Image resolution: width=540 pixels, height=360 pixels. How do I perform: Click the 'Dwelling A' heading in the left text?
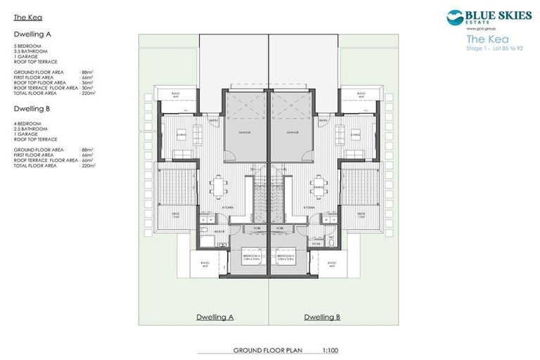pyautogui.click(x=32, y=34)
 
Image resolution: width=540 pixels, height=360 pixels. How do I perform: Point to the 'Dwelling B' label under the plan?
pyautogui.click(x=322, y=317)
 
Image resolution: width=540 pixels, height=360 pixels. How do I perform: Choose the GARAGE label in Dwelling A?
pyautogui.click(x=245, y=131)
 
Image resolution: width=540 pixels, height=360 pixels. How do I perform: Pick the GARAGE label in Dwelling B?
pyautogui.click(x=291, y=131)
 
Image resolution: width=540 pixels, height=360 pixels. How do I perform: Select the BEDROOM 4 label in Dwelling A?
pyautogui.click(x=250, y=257)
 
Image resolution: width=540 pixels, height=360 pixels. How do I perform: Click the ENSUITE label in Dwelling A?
pyautogui.click(x=220, y=231)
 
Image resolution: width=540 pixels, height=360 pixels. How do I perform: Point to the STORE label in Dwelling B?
pyautogui.click(x=326, y=244)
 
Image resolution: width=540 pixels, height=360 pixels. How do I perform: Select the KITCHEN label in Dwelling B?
pyautogui.click(x=309, y=209)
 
